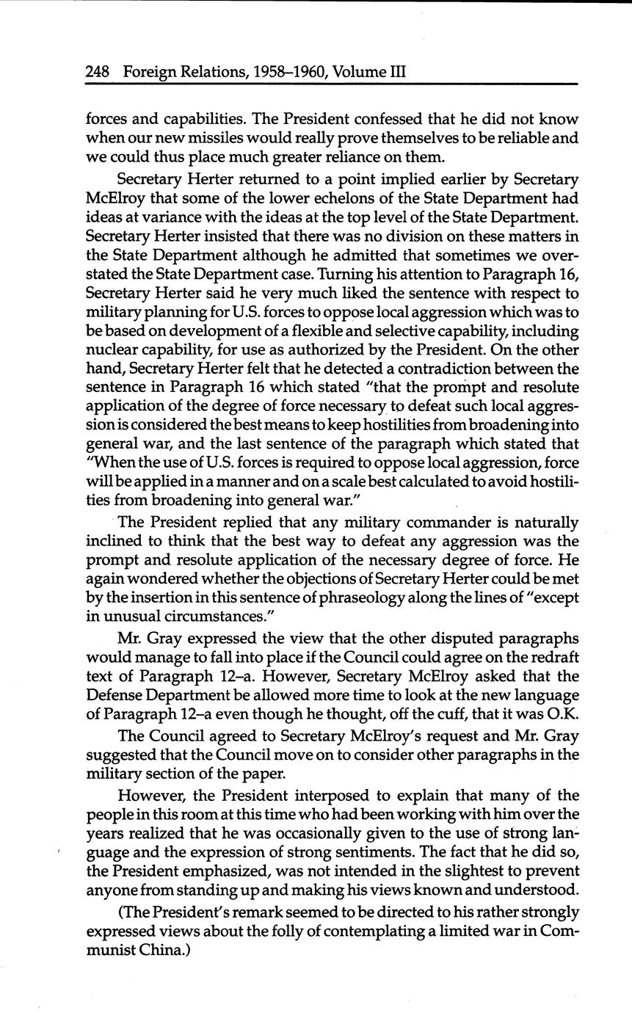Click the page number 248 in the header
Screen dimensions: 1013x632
tap(98, 72)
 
